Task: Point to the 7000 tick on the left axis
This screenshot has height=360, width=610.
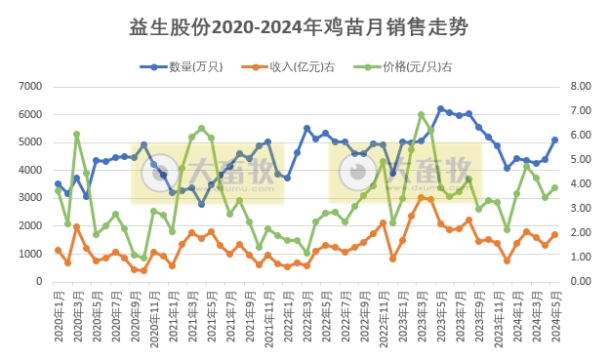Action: (x=29, y=87)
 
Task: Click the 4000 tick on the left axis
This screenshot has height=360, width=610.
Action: (x=29, y=171)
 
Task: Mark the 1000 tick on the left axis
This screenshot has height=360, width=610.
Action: (x=29, y=254)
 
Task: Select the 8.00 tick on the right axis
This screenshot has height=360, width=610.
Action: (x=580, y=87)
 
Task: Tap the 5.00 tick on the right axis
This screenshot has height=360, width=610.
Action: (x=580, y=160)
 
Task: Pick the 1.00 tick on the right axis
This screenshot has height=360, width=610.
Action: (x=580, y=258)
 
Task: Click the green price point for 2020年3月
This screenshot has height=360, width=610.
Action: (x=76, y=135)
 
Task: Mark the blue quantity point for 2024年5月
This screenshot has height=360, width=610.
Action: (x=554, y=140)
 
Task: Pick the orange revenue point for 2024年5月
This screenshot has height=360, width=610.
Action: (x=554, y=234)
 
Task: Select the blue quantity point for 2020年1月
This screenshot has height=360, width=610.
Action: (x=58, y=183)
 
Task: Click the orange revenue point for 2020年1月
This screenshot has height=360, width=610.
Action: (x=58, y=251)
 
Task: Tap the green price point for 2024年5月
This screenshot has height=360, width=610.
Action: (x=554, y=187)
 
